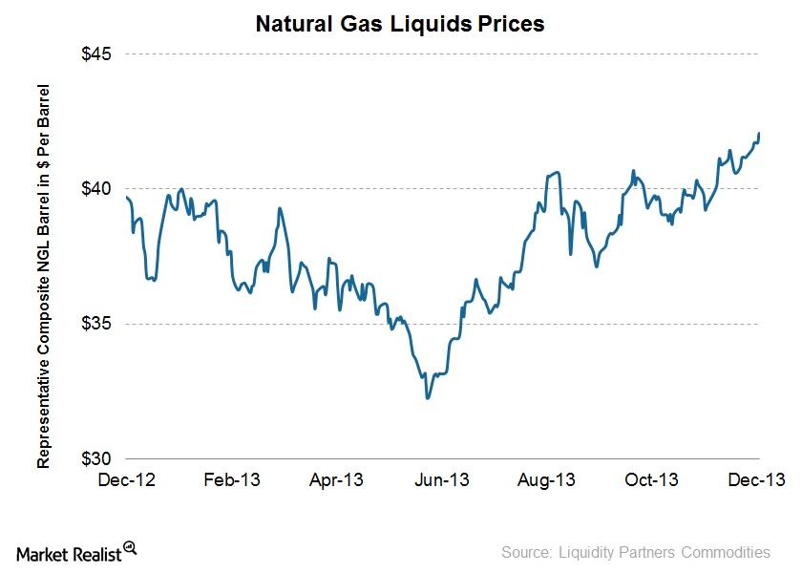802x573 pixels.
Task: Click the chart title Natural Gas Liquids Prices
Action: [x=400, y=25]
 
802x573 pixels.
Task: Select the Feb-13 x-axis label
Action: [x=233, y=479]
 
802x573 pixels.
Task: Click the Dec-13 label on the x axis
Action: [x=759, y=479]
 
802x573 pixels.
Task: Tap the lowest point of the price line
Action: [x=428, y=398]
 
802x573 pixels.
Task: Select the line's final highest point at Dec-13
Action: [x=759, y=134]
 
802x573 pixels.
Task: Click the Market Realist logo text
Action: [x=69, y=553]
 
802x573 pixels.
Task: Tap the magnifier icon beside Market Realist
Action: [x=130, y=548]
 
